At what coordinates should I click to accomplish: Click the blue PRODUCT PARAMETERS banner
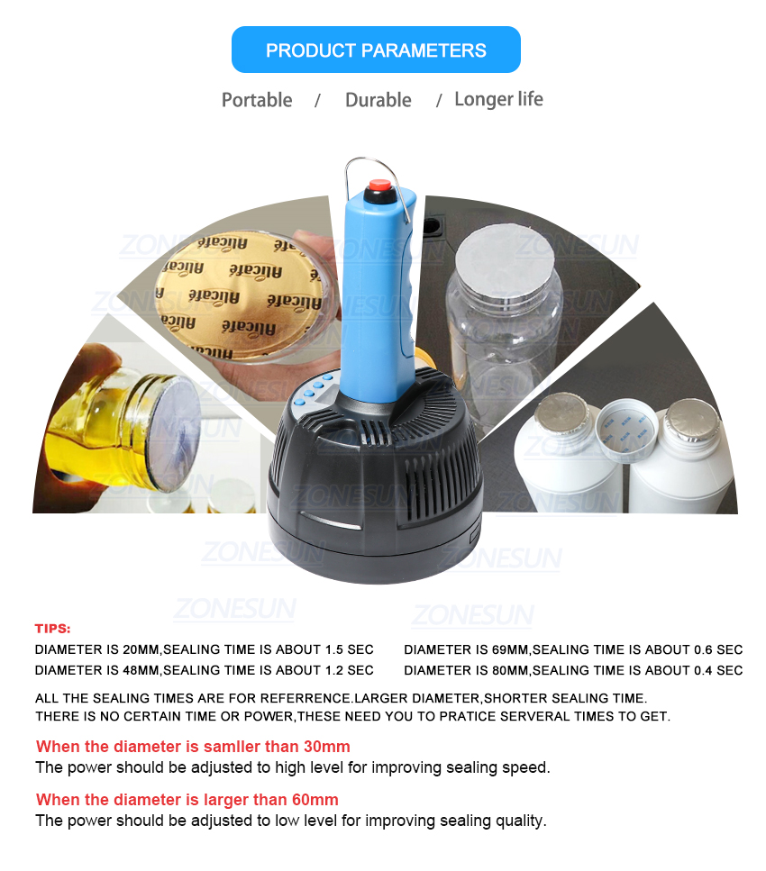pyautogui.click(x=376, y=50)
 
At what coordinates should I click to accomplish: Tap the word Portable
pyautogui.click(x=257, y=100)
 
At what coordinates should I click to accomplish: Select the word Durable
pyautogui.click(x=378, y=100)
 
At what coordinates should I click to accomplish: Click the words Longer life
pyautogui.click(x=498, y=99)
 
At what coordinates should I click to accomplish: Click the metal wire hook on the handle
pyautogui.click(x=376, y=184)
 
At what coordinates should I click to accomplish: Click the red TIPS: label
pyautogui.click(x=53, y=628)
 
